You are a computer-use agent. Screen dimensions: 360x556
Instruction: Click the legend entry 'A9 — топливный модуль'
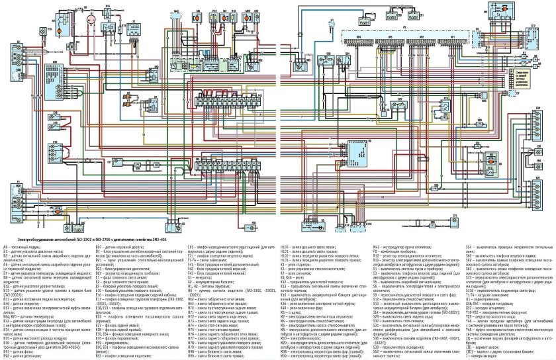click(x=23, y=245)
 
